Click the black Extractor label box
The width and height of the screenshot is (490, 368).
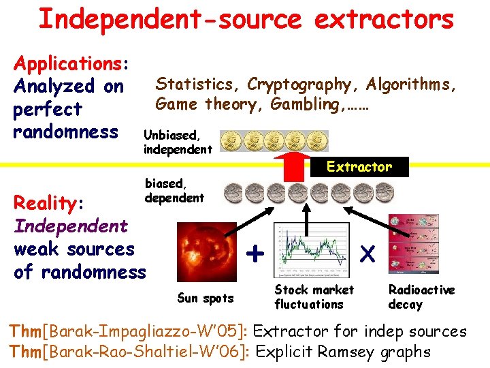(x=359, y=167)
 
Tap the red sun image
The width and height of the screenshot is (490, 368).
(x=205, y=252)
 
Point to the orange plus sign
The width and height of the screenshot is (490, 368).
(x=255, y=254)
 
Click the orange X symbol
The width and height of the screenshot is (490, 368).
(x=367, y=254)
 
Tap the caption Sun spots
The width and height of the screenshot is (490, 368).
(x=205, y=298)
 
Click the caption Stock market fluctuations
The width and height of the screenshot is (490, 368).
(x=314, y=297)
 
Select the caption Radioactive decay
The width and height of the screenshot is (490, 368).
(x=421, y=297)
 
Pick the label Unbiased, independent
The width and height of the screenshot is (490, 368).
(x=178, y=142)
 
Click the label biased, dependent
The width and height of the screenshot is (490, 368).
(x=174, y=190)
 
